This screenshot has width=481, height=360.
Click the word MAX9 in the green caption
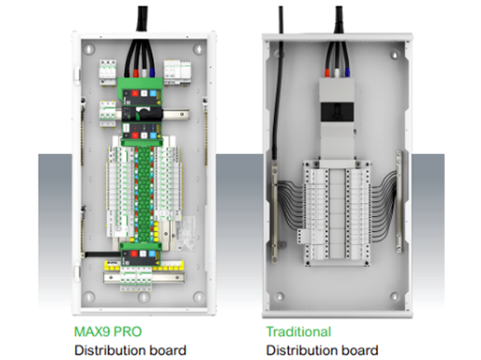pos(92,331)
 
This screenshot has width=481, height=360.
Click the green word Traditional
pos(298,331)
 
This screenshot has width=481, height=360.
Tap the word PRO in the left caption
pos(127,331)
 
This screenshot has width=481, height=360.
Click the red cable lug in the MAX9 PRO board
pos(136,73)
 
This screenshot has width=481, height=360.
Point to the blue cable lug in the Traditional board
pos(347,72)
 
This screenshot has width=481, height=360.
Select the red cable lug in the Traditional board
pos(328,72)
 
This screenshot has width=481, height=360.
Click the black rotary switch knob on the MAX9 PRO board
pos(143,113)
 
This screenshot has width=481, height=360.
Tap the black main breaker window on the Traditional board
pos(337,112)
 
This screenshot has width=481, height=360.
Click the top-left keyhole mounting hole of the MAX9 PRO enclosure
pos(89,49)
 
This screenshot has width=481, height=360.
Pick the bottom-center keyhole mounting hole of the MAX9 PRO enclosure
pos(144,297)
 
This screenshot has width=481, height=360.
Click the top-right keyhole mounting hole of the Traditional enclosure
pos(394,55)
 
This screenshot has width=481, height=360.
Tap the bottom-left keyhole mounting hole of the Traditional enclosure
pos(279,296)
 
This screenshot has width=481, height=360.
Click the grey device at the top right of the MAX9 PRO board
pos(177,72)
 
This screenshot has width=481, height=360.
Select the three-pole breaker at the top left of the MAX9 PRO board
pos(108,72)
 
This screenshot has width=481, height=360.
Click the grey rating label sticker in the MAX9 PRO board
pos(186,233)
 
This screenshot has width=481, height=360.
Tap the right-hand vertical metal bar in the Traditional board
pos(399,201)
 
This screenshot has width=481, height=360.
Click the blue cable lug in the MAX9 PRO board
pos(152,72)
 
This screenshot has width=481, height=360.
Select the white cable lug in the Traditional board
pos(337,72)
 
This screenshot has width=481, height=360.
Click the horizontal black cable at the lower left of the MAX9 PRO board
pos(103,254)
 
